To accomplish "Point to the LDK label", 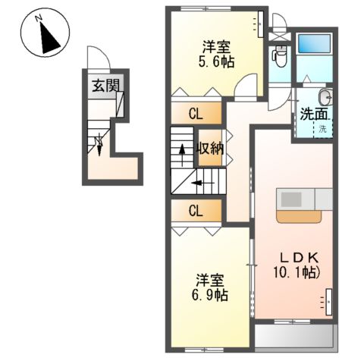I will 291,256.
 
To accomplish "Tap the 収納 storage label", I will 210,149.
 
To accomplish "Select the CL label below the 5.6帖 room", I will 196,115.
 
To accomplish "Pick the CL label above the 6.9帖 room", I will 196,210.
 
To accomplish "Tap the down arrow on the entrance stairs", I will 98,143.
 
